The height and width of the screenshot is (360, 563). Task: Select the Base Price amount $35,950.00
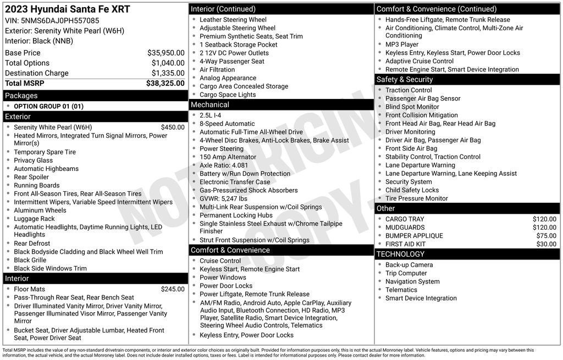pos(165,53)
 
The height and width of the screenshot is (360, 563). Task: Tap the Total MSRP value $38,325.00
pos(165,83)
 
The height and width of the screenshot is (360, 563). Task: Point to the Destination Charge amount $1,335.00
pos(168,73)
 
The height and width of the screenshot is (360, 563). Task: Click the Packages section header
pos(21,96)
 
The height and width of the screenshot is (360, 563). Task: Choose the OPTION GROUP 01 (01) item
pos(49,106)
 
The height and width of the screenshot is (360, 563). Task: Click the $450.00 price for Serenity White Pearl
pos(173,127)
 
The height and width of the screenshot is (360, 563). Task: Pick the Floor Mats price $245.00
pos(173,289)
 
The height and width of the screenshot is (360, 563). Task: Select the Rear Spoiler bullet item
pos(31,177)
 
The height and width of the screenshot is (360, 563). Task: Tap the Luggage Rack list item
pos(34,219)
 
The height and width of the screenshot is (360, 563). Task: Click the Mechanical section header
pos(210,104)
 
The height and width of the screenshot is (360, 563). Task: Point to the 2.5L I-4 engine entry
pos(211,115)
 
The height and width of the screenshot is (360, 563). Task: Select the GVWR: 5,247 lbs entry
pos(223,198)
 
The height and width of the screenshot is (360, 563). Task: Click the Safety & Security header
pos(405,79)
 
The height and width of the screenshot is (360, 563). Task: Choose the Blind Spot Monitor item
pos(412,107)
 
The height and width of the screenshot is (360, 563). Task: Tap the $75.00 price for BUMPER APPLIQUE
pos(546,236)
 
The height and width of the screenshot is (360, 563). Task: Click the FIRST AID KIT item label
pos(405,244)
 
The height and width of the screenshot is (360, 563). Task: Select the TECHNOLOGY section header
pos(401,254)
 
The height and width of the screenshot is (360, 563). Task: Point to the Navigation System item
pos(412,281)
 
